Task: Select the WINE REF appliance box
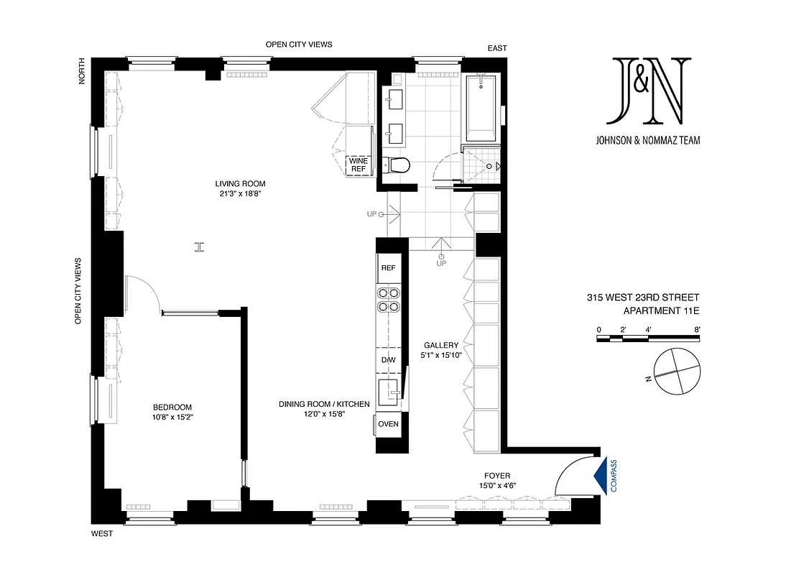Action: click(x=359, y=165)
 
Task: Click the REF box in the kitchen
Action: click(x=388, y=268)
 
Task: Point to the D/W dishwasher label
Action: click(x=388, y=360)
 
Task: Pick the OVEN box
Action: click(x=388, y=424)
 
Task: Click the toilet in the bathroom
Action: click(x=397, y=165)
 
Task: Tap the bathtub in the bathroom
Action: click(x=481, y=108)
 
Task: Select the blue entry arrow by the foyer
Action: click(x=601, y=475)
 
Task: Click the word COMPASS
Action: click(x=614, y=476)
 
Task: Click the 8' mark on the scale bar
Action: click(x=697, y=329)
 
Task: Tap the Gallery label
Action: click(x=441, y=345)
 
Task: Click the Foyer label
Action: click(x=497, y=476)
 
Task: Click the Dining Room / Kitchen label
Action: click(x=324, y=405)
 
